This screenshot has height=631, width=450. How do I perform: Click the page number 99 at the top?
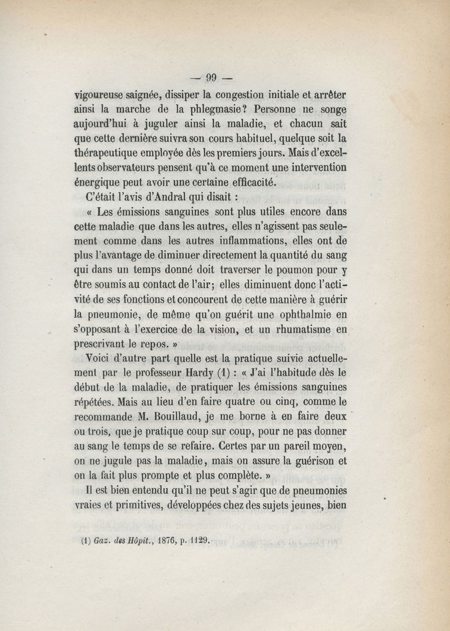point(211,78)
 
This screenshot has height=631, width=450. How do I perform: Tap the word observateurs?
point(130,167)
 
